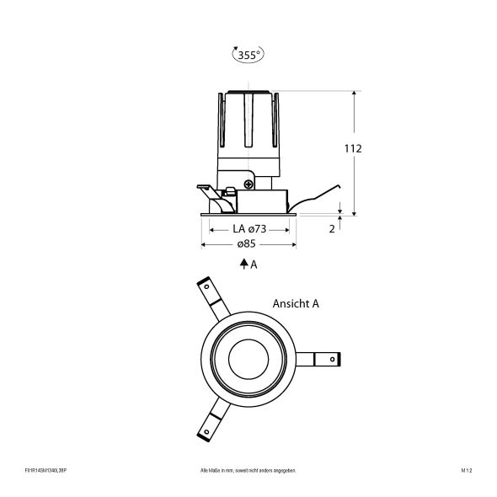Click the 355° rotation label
tap(247, 55)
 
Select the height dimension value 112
tap(353, 148)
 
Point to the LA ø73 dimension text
tap(248, 228)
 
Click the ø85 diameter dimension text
tap(247, 243)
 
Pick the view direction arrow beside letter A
tap(243, 264)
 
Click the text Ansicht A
tap(295, 303)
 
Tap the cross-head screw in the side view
tap(248, 183)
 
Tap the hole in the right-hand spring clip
tap(334, 360)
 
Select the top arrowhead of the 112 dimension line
tap(355, 93)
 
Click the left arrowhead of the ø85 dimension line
tap(203, 244)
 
